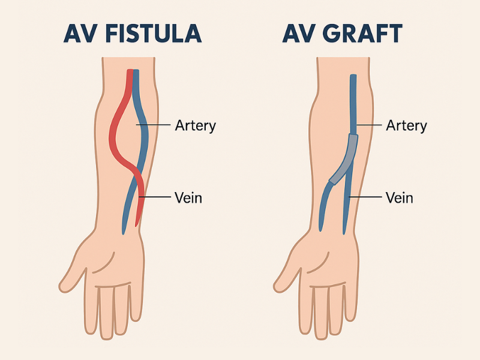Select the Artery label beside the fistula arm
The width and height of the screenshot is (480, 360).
[x=195, y=125]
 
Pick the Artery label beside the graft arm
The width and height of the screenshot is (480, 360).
[x=407, y=125]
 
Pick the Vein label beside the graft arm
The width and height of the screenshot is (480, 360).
[x=399, y=197]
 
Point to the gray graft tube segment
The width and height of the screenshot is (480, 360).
[x=345, y=159]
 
